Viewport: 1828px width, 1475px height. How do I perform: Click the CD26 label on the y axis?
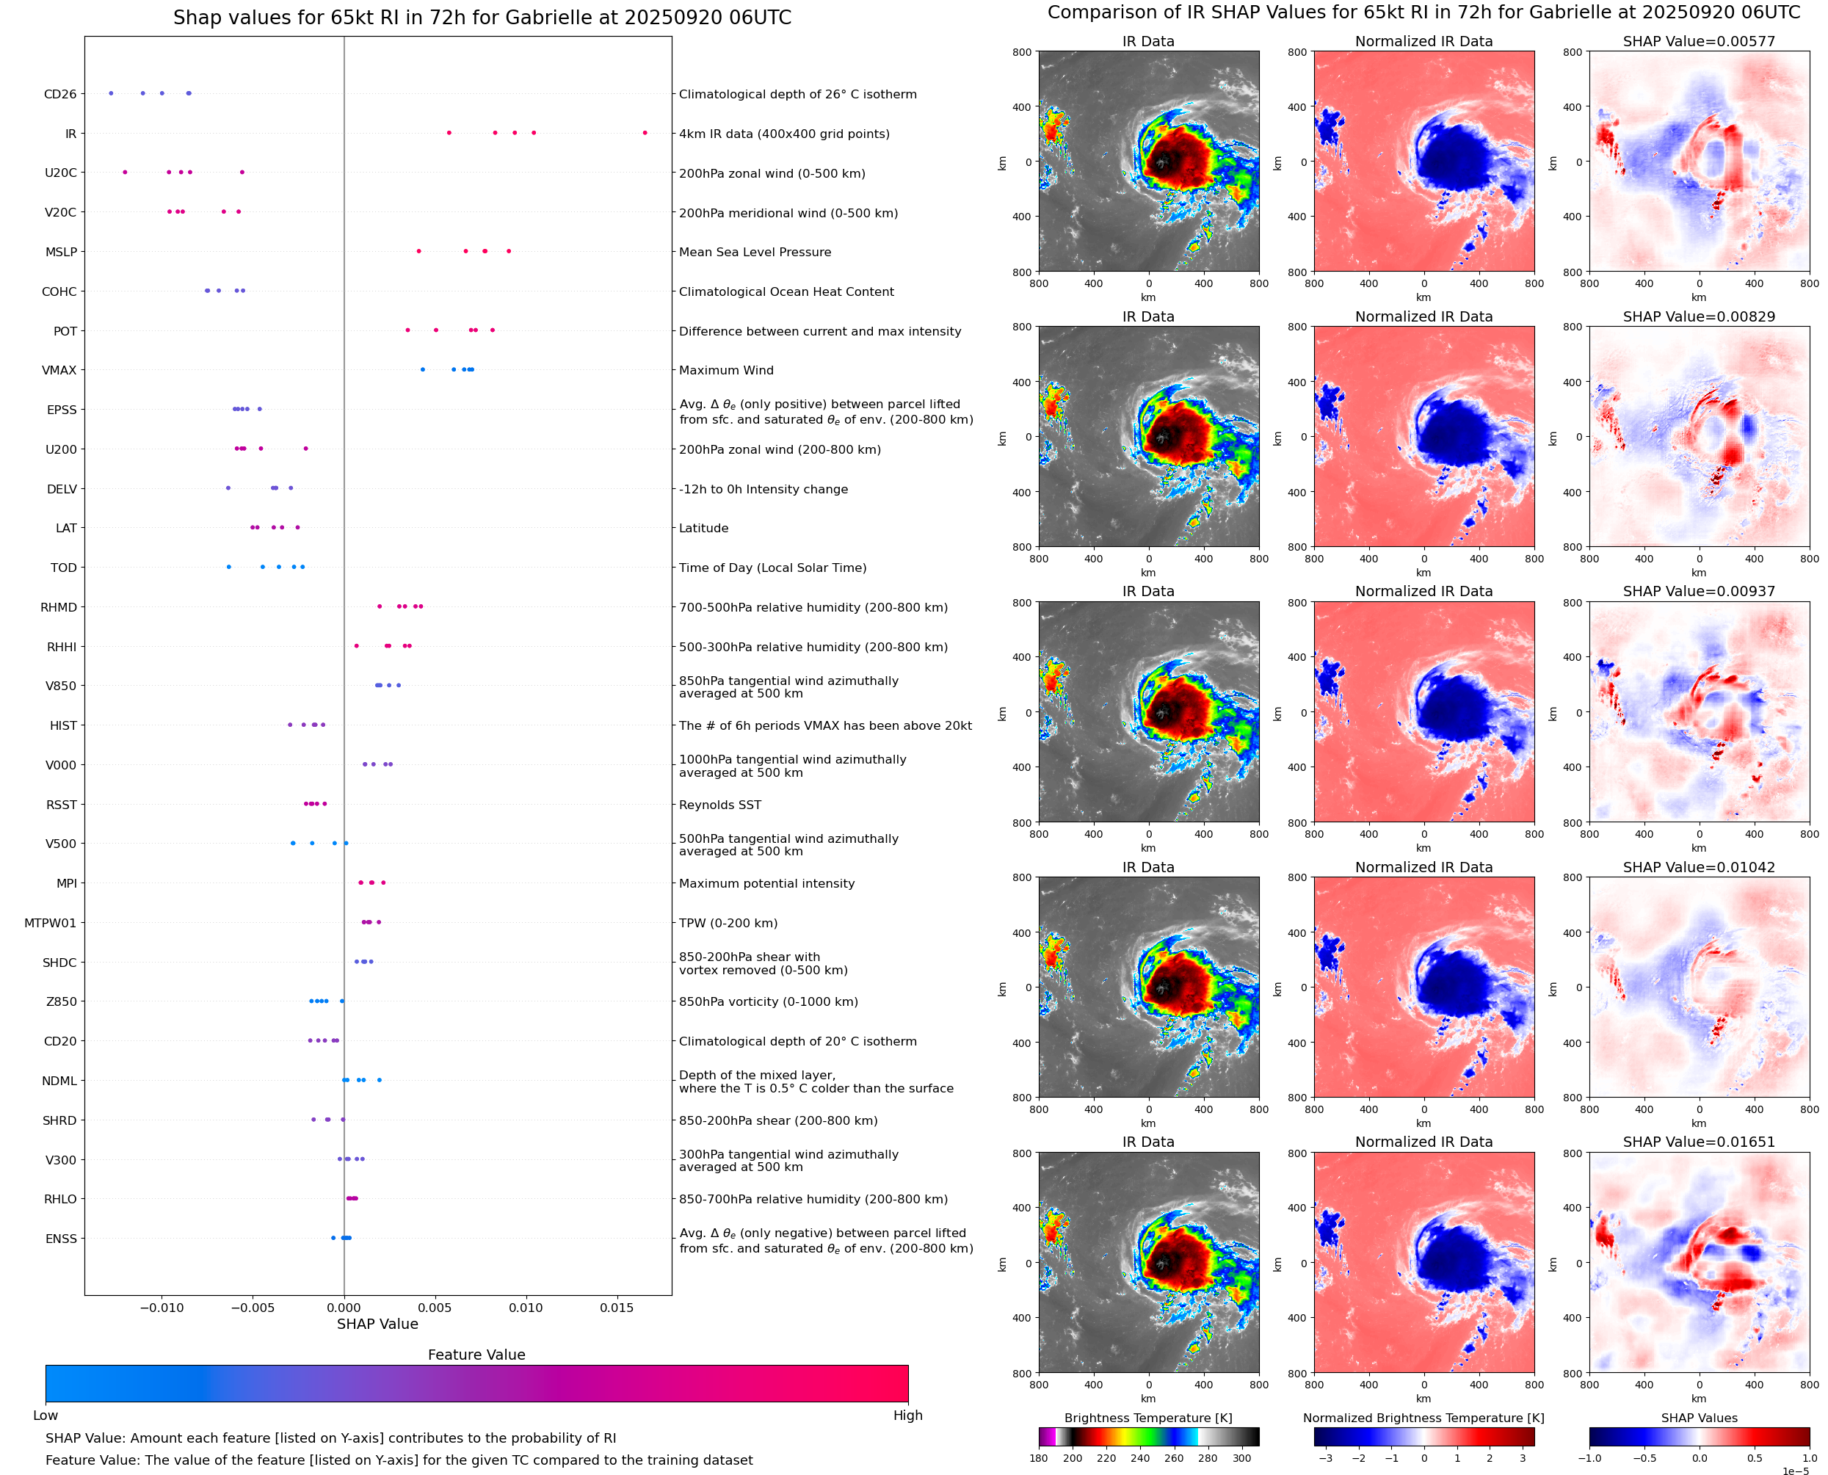coord(59,94)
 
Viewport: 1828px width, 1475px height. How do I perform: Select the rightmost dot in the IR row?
coord(645,133)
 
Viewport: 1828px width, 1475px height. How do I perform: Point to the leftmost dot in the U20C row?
coord(125,173)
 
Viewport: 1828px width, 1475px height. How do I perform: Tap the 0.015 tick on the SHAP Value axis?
coord(617,1308)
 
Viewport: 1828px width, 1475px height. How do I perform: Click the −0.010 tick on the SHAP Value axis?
coord(161,1308)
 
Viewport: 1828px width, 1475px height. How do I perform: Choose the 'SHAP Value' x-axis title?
coord(377,1324)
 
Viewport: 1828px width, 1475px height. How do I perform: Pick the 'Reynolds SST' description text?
coord(719,805)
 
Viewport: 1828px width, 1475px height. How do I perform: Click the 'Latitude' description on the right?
coord(703,528)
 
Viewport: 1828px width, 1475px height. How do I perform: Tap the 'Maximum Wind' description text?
coord(725,371)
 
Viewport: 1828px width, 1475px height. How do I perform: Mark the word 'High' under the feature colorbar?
coord(907,1415)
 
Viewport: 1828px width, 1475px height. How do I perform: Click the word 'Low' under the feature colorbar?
coord(45,1415)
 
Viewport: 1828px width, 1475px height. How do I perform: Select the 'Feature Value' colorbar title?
coord(476,1355)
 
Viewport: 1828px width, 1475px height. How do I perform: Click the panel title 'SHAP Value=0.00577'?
coord(1698,41)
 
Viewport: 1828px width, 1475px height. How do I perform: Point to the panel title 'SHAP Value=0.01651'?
coord(1698,1142)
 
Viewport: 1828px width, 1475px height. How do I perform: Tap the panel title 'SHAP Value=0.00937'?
coord(1698,591)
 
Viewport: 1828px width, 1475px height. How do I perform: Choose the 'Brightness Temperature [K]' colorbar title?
coord(1147,1417)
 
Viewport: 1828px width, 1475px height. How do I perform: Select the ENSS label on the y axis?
coord(61,1239)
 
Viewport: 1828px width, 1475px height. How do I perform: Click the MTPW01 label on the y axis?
coord(50,923)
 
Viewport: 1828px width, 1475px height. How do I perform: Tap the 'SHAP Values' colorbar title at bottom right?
coord(1698,1417)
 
